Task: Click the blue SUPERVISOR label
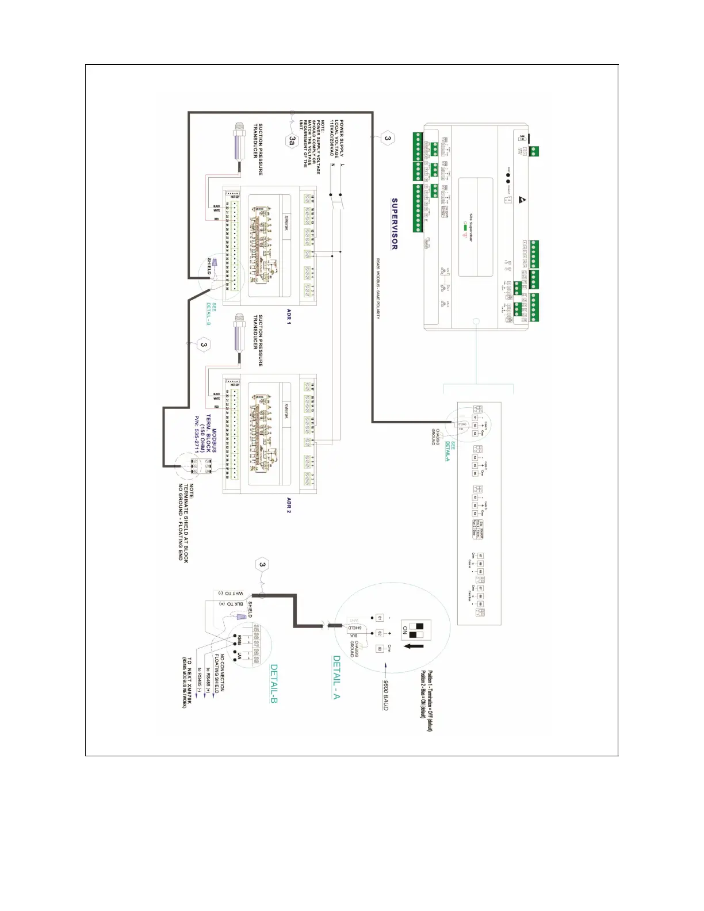point(395,224)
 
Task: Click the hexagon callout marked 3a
point(293,140)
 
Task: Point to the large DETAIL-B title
point(274,684)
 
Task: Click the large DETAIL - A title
point(336,677)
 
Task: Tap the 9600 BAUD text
point(387,695)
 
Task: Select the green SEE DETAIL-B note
point(211,314)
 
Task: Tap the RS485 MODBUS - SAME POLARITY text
point(378,288)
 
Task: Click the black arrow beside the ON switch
point(415,646)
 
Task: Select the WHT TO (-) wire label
point(231,593)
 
